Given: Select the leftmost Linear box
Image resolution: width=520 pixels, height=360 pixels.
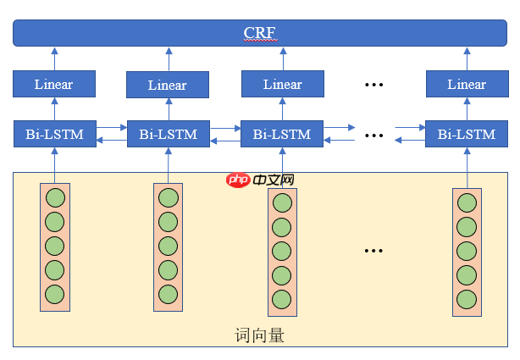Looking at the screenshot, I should (x=54, y=84).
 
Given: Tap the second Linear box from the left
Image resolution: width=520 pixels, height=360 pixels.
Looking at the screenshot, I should (x=168, y=85).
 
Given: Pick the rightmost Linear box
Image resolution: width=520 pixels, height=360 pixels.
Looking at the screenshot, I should (x=467, y=84).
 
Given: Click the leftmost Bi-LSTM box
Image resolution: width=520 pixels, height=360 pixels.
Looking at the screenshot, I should (x=54, y=134).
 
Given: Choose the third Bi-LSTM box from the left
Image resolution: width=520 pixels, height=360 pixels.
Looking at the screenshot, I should (x=282, y=134).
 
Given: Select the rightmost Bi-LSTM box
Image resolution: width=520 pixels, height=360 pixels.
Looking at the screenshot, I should (x=467, y=134).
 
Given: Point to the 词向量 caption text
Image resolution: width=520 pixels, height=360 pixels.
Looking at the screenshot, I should (x=259, y=335).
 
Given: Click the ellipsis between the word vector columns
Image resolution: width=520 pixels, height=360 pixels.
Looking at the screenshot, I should (x=373, y=251).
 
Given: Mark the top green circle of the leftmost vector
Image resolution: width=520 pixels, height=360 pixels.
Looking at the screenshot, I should (x=54, y=198).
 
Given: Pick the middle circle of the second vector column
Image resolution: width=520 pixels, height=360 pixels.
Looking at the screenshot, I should (x=168, y=246).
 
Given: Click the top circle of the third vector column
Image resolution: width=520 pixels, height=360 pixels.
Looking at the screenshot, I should (x=282, y=204).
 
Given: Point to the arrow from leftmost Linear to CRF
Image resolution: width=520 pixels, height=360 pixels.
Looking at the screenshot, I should (x=54, y=58).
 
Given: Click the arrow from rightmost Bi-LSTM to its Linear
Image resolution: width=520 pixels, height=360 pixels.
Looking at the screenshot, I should (x=467, y=109).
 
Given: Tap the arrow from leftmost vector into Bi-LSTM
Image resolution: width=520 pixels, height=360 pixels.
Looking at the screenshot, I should (x=54, y=164).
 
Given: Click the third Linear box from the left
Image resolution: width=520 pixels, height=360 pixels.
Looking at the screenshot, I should (x=282, y=84).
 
